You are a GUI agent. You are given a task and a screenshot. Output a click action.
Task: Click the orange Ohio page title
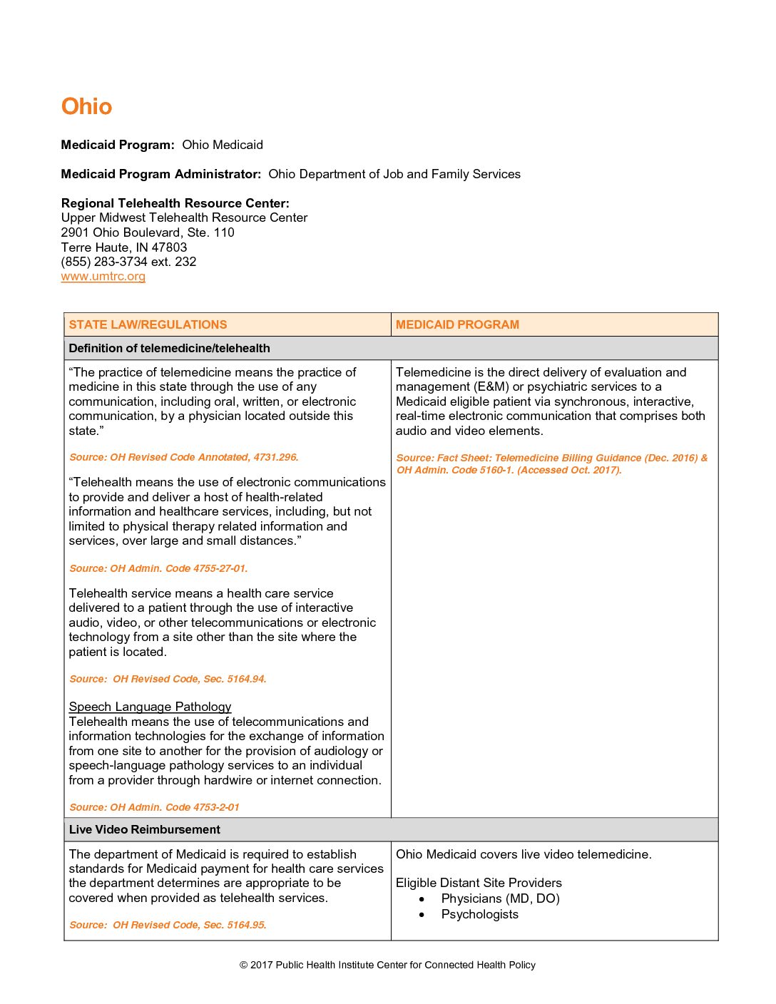click(x=86, y=106)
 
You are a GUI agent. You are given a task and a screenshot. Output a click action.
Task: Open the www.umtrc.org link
click(x=103, y=276)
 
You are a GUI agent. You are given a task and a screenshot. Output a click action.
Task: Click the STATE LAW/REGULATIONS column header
click(x=148, y=324)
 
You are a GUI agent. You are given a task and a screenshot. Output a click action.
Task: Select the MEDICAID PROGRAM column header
click(x=457, y=324)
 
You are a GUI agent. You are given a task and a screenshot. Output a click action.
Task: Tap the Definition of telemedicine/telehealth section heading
click(x=169, y=348)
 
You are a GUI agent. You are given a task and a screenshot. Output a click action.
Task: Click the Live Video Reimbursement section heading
click(x=144, y=829)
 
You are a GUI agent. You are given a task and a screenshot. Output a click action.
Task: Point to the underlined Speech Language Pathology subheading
click(x=150, y=707)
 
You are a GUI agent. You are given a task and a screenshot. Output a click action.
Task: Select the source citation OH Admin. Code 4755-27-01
click(x=158, y=568)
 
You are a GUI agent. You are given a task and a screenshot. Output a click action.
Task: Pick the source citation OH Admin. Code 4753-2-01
click(x=154, y=807)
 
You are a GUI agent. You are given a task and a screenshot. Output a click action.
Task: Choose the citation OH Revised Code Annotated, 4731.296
click(x=183, y=457)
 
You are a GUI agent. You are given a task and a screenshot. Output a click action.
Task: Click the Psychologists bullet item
click(x=479, y=914)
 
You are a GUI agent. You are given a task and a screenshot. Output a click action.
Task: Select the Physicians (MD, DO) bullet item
click(x=500, y=898)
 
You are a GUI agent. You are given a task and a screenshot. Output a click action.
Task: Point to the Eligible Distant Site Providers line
click(x=479, y=883)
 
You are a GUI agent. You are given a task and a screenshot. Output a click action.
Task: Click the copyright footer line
click(x=387, y=965)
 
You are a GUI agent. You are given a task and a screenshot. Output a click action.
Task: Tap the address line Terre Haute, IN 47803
click(x=124, y=247)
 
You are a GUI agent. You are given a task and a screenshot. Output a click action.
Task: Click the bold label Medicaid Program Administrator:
click(x=161, y=174)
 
